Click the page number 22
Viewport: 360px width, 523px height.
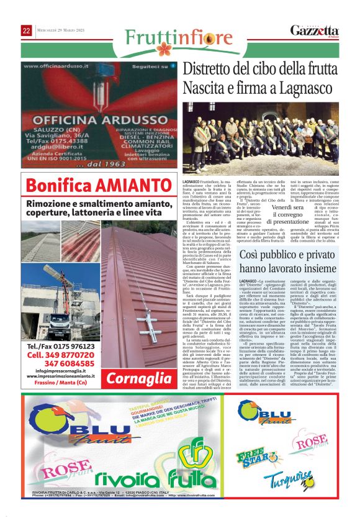tap(27, 30)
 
